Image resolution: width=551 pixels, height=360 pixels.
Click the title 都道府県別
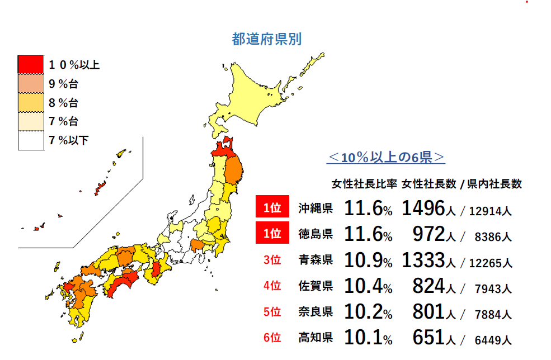[x=267, y=39]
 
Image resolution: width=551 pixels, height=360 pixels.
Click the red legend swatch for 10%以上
[x=30, y=64]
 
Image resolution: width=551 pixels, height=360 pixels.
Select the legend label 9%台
[x=63, y=84]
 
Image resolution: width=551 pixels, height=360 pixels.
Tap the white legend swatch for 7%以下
[x=30, y=140]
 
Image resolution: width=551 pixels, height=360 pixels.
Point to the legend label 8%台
[x=63, y=103]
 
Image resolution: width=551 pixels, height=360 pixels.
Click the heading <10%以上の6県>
[x=386, y=158]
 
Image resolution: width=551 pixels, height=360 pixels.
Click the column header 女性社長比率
[x=364, y=184]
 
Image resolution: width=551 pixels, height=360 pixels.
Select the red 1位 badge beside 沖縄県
[x=272, y=209]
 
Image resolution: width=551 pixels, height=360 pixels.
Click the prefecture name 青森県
[x=315, y=260]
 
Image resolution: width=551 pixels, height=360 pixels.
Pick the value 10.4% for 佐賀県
[x=368, y=286]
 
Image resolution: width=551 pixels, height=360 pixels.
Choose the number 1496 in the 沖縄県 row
[x=422, y=209]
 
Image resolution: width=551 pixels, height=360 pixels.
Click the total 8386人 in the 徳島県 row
[x=492, y=237]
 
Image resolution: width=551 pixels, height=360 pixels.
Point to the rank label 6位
[x=272, y=338]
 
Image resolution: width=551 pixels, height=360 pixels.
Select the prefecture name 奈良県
[x=315, y=312]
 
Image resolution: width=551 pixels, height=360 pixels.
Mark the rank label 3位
[x=272, y=260]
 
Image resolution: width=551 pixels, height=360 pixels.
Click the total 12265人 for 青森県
[x=491, y=263]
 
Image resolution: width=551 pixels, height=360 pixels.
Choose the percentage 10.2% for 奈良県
[x=368, y=312]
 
